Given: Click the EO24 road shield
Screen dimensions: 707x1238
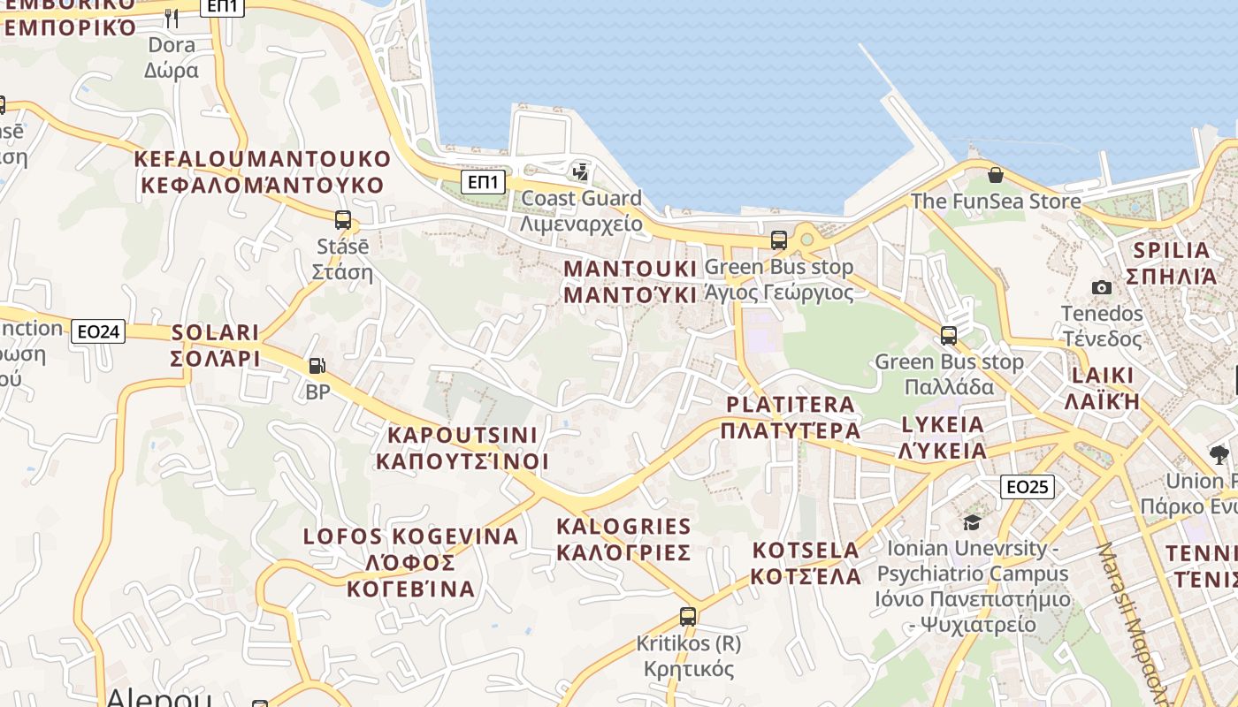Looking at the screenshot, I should tap(98, 331).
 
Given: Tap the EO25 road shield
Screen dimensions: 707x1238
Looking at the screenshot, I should tap(1028, 486).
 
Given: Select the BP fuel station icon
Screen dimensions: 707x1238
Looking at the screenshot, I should tap(316, 365).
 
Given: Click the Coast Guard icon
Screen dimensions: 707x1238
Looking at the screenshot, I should tap(581, 171).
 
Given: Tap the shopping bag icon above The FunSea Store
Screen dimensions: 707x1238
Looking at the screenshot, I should tap(996, 175).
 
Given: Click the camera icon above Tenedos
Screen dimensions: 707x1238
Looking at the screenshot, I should tap(1102, 287).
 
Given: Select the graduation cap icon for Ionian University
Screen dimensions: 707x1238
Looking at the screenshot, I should tap(972, 522).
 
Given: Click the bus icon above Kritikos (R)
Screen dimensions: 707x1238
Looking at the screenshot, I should tap(688, 617).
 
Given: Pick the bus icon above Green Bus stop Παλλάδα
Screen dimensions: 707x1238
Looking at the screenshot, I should tap(949, 336).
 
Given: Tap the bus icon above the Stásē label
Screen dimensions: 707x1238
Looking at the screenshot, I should tap(343, 220).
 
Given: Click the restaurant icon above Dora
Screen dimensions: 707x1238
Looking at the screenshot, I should tap(172, 17).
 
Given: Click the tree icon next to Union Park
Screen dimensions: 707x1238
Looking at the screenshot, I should tap(1219, 455).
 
